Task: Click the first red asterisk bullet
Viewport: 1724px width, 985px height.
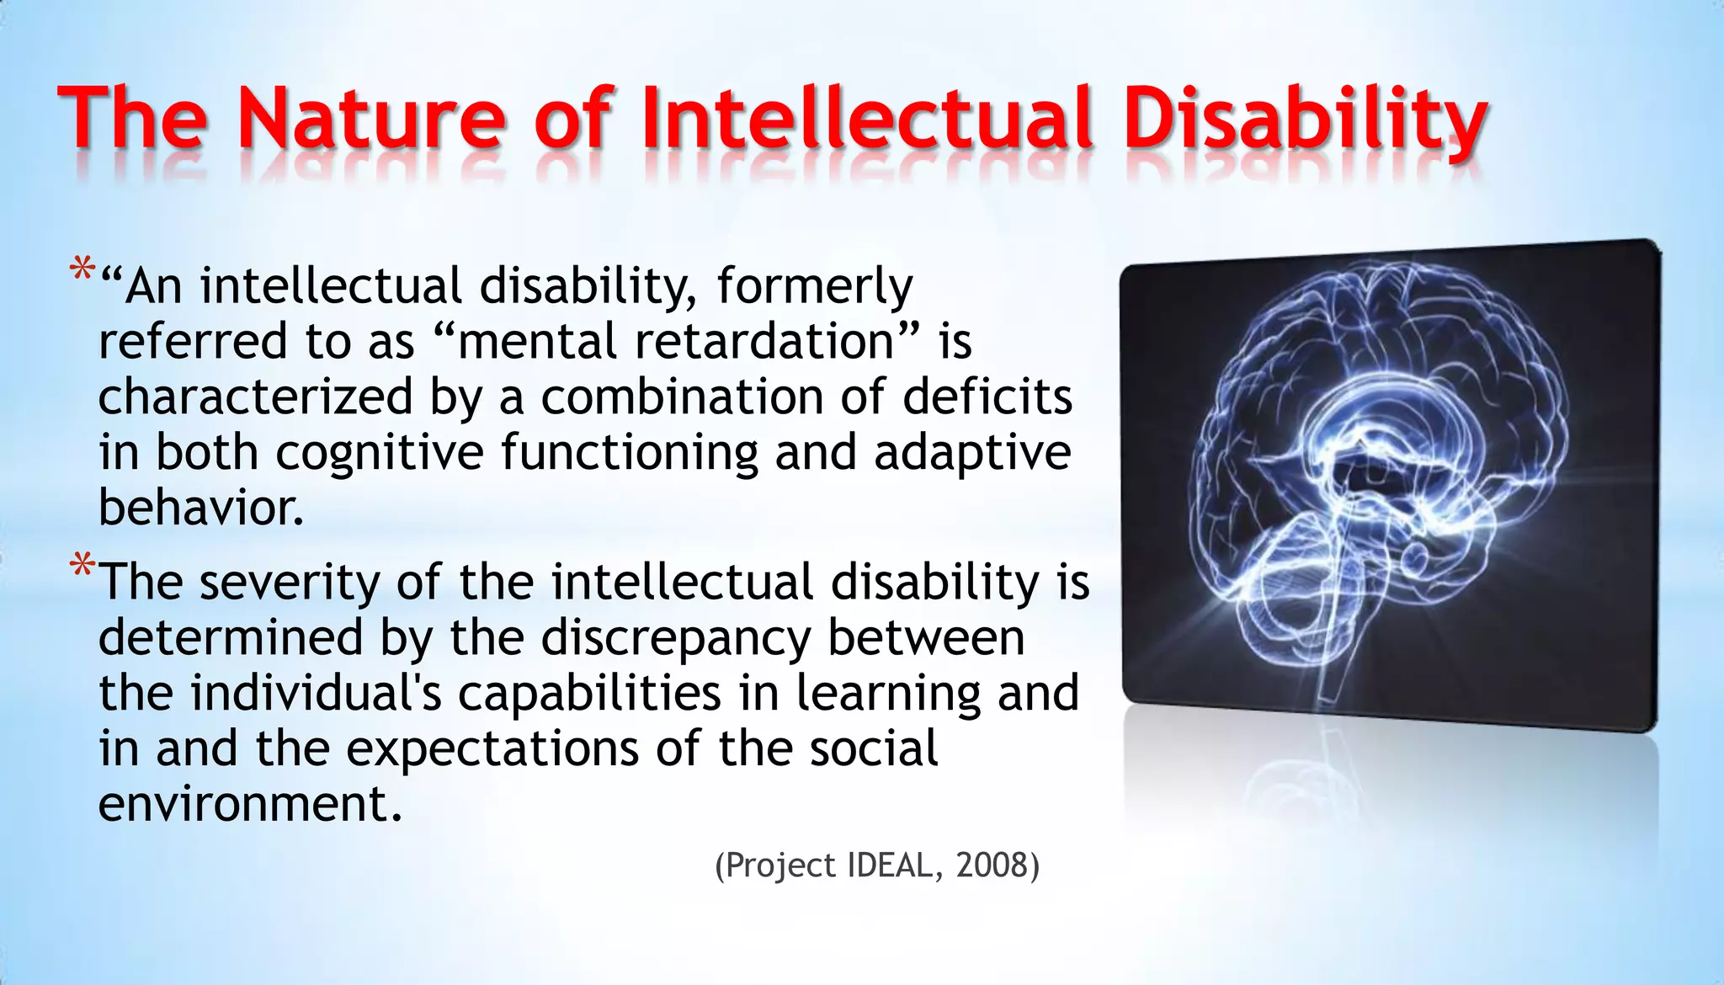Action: [x=82, y=272]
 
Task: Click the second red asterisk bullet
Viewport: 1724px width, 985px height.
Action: [x=82, y=567]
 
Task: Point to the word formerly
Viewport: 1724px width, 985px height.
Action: [x=814, y=287]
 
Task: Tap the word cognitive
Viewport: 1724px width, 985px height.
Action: [x=380, y=453]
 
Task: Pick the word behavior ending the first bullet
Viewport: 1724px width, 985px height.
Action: [x=200, y=508]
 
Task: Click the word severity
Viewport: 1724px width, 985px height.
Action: [x=290, y=583]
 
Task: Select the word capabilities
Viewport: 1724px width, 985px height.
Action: [x=589, y=693]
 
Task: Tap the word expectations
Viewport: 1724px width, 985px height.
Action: [x=493, y=748]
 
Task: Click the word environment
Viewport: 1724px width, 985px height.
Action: [x=250, y=804]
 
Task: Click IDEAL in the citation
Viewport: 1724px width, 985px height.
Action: [x=889, y=865]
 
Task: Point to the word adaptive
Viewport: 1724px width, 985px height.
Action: [x=972, y=453]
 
